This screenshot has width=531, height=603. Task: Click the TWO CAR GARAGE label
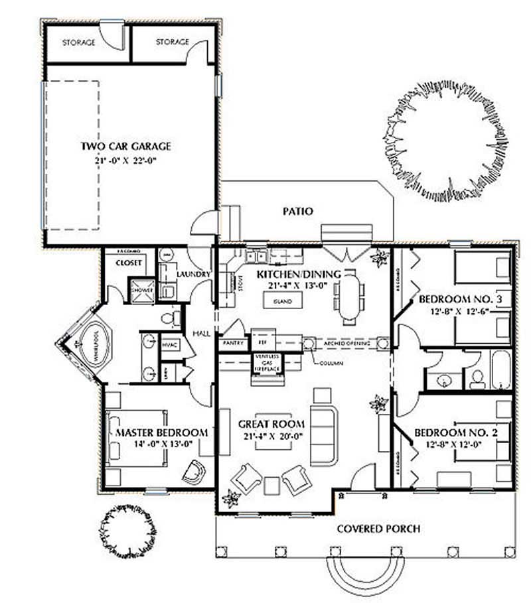click(125, 147)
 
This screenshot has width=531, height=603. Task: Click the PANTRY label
click(232, 343)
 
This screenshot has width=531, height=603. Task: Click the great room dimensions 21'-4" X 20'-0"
click(271, 436)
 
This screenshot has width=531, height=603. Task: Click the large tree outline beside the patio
click(446, 140)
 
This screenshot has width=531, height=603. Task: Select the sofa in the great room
click(324, 436)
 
